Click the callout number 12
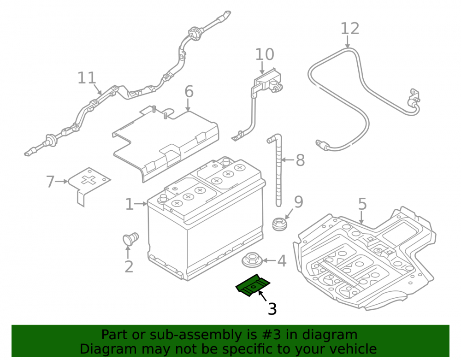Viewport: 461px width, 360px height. pyautogui.click(x=350, y=29)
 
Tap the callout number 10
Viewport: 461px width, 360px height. pyautogui.click(x=265, y=54)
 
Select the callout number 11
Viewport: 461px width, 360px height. pyautogui.click(x=87, y=78)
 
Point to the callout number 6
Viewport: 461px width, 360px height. pyautogui.click(x=189, y=91)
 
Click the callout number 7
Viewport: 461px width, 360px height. pyautogui.click(x=50, y=182)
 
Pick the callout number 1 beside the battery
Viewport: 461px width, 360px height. pyautogui.click(x=130, y=204)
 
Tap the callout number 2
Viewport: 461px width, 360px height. pyautogui.click(x=129, y=266)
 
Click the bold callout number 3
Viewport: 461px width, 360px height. pyautogui.click(x=272, y=309)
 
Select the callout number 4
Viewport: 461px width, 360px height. pyautogui.click(x=282, y=261)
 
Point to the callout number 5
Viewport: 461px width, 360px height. pyautogui.click(x=362, y=204)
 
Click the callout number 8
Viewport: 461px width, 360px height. pyautogui.click(x=300, y=160)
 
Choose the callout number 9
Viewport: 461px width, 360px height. pyautogui.click(x=298, y=202)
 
